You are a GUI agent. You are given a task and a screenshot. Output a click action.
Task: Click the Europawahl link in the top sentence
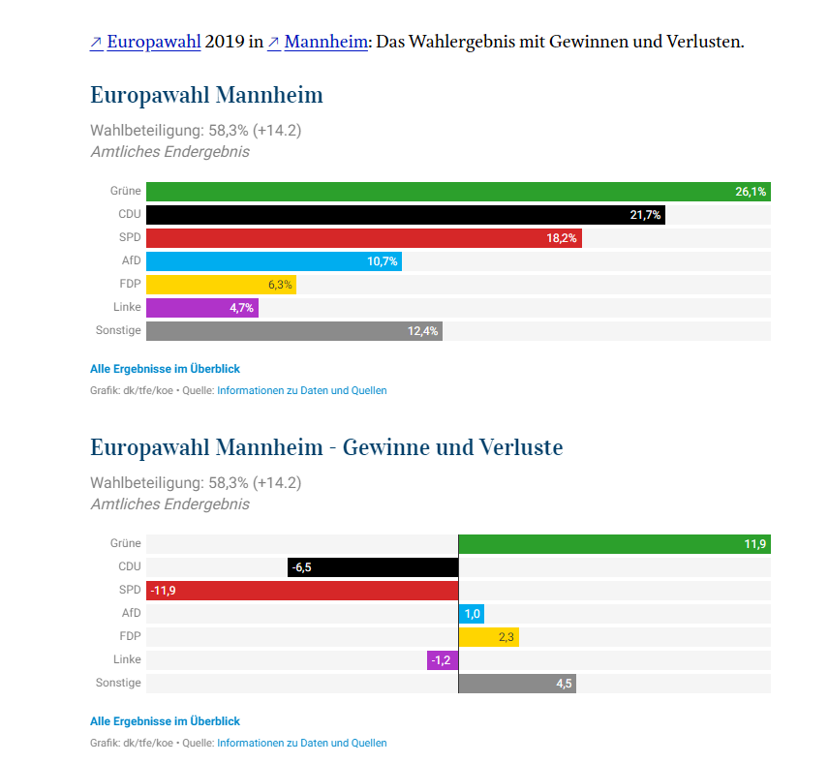tap(154, 42)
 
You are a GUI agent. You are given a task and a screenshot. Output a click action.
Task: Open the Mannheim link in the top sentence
tap(325, 42)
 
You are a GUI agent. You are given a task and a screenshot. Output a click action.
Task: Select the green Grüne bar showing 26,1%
tap(458, 192)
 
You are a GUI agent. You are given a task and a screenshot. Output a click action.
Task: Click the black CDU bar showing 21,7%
tap(406, 215)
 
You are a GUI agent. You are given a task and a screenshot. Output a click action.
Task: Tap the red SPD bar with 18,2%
tap(364, 238)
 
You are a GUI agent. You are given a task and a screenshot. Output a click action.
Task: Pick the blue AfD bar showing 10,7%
tap(274, 261)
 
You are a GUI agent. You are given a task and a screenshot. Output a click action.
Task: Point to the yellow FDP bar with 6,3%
tap(221, 285)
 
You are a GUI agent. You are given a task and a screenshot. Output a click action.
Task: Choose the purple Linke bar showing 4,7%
tap(202, 308)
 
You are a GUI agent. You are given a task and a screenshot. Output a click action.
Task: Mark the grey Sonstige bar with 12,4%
tap(294, 331)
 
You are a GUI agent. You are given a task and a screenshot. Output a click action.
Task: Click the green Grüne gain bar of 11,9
tap(614, 544)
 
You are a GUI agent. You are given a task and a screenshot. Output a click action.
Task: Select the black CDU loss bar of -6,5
tap(373, 567)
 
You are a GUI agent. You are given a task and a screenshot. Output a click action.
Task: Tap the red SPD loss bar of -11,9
tap(302, 591)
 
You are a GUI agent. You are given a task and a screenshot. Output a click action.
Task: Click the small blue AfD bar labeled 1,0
tap(471, 614)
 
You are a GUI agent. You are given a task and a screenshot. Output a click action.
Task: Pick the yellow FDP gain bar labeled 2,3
tap(488, 637)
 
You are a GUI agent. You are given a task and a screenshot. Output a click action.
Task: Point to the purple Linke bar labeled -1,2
tap(443, 660)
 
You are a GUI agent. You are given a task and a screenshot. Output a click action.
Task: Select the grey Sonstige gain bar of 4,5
tap(517, 684)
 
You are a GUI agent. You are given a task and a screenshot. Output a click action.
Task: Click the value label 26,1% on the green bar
tap(751, 192)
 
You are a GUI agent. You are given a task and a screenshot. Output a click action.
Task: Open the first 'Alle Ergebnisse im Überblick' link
tap(165, 369)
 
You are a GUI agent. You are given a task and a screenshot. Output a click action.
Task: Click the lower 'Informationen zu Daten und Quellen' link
tap(302, 743)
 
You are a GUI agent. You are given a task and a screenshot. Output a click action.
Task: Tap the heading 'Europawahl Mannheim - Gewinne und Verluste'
tap(326, 447)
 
